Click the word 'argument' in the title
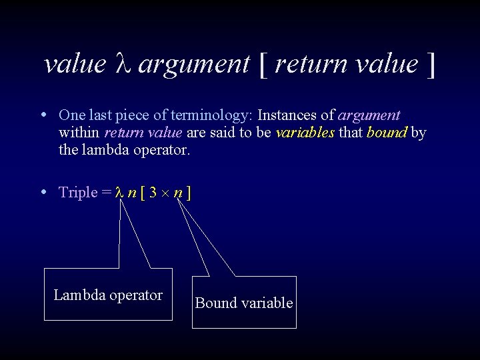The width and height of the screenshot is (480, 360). [x=194, y=65]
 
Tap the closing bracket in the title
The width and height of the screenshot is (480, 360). [x=431, y=65]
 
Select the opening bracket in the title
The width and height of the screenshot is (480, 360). [x=263, y=65]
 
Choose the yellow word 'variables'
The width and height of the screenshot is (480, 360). [x=305, y=132]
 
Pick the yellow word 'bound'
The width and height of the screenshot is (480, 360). [x=387, y=132]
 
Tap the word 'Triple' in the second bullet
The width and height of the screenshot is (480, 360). [x=79, y=193]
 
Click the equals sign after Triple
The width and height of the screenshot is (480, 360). [x=107, y=193]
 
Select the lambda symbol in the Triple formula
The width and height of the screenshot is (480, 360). [x=120, y=193]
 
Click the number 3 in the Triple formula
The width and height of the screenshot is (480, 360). [x=153, y=193]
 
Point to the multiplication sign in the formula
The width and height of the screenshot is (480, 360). [x=165, y=193]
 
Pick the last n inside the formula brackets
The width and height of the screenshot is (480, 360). [x=178, y=193]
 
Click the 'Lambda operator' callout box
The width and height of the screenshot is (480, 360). [x=108, y=295]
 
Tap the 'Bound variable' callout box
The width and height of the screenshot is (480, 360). [x=244, y=303]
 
